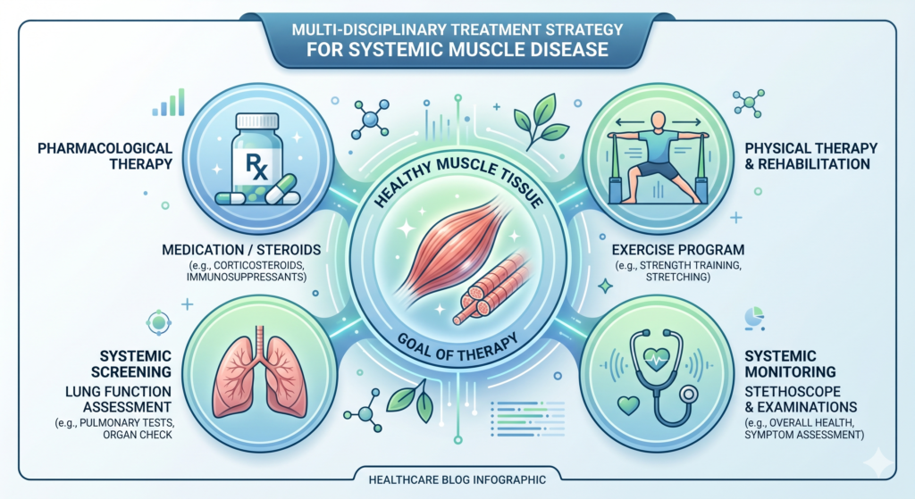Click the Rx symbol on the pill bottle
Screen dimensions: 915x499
pyautogui.click(x=256, y=167)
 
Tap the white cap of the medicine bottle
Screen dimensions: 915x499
pyautogui.click(x=256, y=121)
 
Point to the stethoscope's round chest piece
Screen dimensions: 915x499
pyautogui.click(x=688, y=395)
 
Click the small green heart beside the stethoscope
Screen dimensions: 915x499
pyautogui.click(x=628, y=404)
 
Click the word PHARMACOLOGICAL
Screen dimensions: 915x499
pyautogui.click(x=105, y=148)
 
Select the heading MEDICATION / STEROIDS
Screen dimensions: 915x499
pyautogui.click(x=241, y=250)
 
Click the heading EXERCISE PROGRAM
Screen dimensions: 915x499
pyautogui.click(x=678, y=250)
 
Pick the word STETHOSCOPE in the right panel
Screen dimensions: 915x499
pyautogui.click(x=793, y=391)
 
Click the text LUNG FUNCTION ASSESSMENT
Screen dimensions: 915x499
pyautogui.click(x=119, y=399)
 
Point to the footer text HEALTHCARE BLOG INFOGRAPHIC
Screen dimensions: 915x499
pyautogui.click(x=457, y=479)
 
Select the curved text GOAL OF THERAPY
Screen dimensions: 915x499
pyautogui.click(x=458, y=349)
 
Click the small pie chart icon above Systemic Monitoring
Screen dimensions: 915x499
pyautogui.click(x=754, y=319)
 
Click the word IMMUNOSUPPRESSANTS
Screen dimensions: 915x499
pyautogui.click(x=247, y=277)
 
